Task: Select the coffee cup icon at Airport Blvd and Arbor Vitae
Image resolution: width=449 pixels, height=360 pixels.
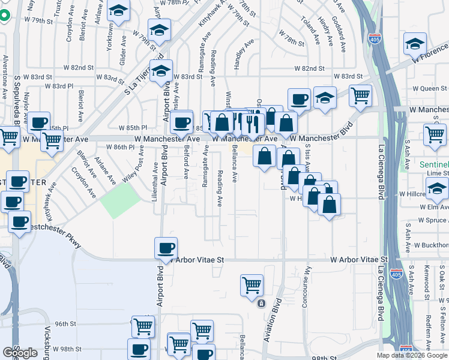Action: pos(166,247)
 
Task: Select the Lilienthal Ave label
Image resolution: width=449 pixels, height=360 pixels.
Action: pos(155,184)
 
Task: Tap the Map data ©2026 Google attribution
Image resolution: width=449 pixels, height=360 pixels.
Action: pos(412,355)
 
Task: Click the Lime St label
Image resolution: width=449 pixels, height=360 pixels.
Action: pos(438,173)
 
